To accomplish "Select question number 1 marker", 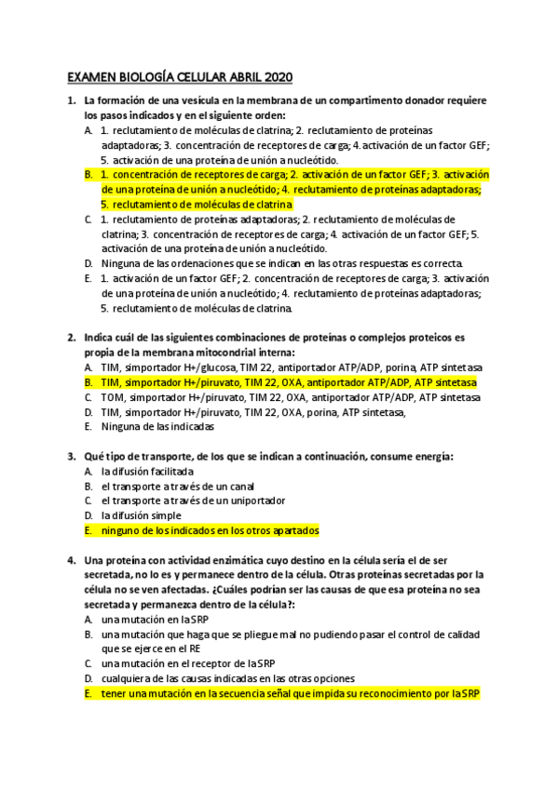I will [72, 100].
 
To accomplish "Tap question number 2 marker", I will [72, 337].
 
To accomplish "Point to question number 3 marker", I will [72, 456].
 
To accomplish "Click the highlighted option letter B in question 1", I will [88, 174].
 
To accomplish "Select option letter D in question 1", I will [88, 263].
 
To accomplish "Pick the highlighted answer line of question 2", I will [289, 382].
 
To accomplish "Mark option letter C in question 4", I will [88, 663].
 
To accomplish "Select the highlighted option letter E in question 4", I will [88, 693].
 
